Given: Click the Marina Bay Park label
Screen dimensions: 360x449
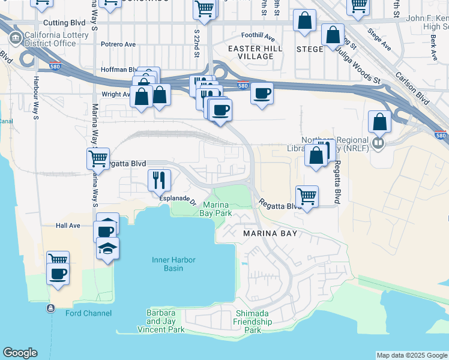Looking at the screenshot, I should click(215, 208).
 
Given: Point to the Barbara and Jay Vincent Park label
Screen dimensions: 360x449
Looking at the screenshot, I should click(161, 321).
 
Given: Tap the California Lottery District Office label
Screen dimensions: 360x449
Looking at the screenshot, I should click(56, 39).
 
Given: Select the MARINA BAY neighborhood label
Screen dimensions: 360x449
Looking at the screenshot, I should click(270, 233).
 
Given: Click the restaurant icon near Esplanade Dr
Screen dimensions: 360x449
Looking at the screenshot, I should click(159, 179).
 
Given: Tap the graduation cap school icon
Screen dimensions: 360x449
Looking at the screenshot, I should click(108, 248).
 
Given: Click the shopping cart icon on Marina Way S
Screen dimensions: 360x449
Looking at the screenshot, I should click(98, 159).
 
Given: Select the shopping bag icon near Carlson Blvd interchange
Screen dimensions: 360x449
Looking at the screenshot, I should click(379, 122).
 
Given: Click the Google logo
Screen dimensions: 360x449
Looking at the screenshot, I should click(20, 352).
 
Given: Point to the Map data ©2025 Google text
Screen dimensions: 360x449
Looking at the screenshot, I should click(412, 355).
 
